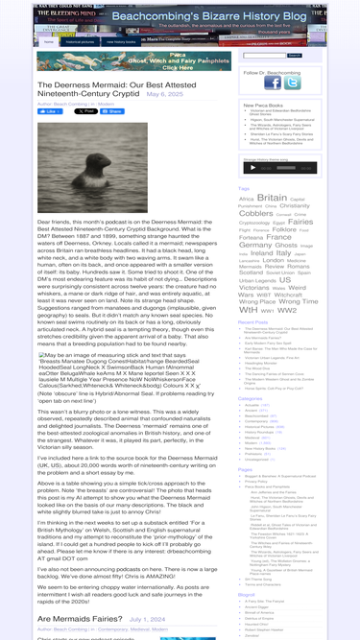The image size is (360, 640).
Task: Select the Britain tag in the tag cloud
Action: click(272, 199)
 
